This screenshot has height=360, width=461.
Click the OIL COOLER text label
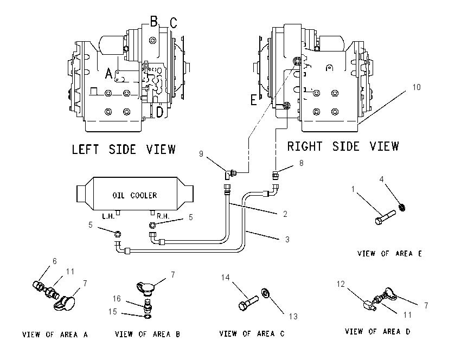(x=135, y=195)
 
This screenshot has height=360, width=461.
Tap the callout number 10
(x=417, y=87)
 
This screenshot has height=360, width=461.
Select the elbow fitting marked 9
(x=230, y=174)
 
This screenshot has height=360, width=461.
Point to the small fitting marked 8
(x=276, y=176)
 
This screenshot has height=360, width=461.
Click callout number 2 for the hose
(x=285, y=214)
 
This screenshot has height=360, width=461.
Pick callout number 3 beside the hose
(x=287, y=239)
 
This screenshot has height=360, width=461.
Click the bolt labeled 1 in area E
(x=386, y=216)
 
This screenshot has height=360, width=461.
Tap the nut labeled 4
(x=402, y=207)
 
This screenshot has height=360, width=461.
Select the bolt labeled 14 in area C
(x=248, y=303)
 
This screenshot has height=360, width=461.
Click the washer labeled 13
(x=266, y=293)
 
